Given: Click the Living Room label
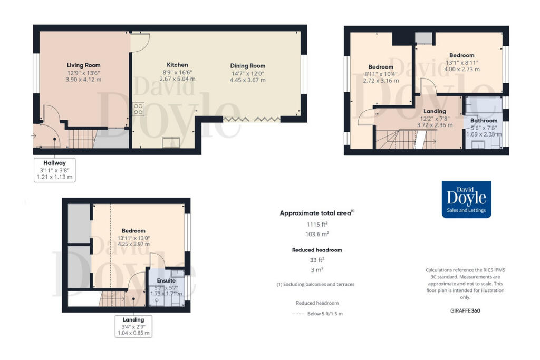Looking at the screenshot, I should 83,65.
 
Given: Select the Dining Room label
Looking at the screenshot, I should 247,66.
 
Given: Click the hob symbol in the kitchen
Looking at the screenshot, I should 139,109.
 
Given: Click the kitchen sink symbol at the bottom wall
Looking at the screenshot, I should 171,142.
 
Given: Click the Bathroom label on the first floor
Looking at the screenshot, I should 484,121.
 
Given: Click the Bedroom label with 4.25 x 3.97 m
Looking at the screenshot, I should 133,231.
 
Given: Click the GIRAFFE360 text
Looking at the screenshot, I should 465,310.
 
